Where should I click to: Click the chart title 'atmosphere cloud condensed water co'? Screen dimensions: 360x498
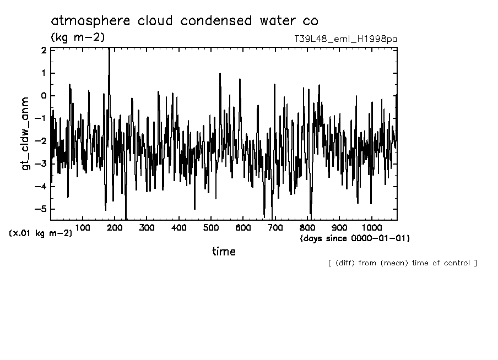tap(184, 21)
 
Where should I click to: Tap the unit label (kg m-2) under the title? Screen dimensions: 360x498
tap(78, 37)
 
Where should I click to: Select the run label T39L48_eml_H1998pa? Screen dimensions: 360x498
tap(345, 39)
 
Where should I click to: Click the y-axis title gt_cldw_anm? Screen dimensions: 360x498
tap(26, 135)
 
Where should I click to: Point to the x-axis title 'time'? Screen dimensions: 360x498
tap(224, 252)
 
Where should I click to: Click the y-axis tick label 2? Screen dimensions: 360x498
tap(43, 50)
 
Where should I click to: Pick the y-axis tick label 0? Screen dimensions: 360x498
tap(43, 96)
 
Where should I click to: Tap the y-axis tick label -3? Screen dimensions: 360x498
tap(41, 164)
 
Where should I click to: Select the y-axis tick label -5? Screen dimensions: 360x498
tap(41, 209)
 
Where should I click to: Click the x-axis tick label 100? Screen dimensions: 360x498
tap(83, 227)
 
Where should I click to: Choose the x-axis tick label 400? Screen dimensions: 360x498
tap(179, 227)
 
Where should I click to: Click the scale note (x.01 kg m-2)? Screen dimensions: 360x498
tap(40, 233)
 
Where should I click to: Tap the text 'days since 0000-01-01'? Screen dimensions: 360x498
tap(355, 238)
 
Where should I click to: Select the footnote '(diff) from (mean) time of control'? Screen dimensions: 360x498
tap(402, 263)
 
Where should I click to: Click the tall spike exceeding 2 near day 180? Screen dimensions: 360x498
tap(109, 52)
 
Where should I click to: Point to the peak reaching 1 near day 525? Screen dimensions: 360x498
tap(220, 74)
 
